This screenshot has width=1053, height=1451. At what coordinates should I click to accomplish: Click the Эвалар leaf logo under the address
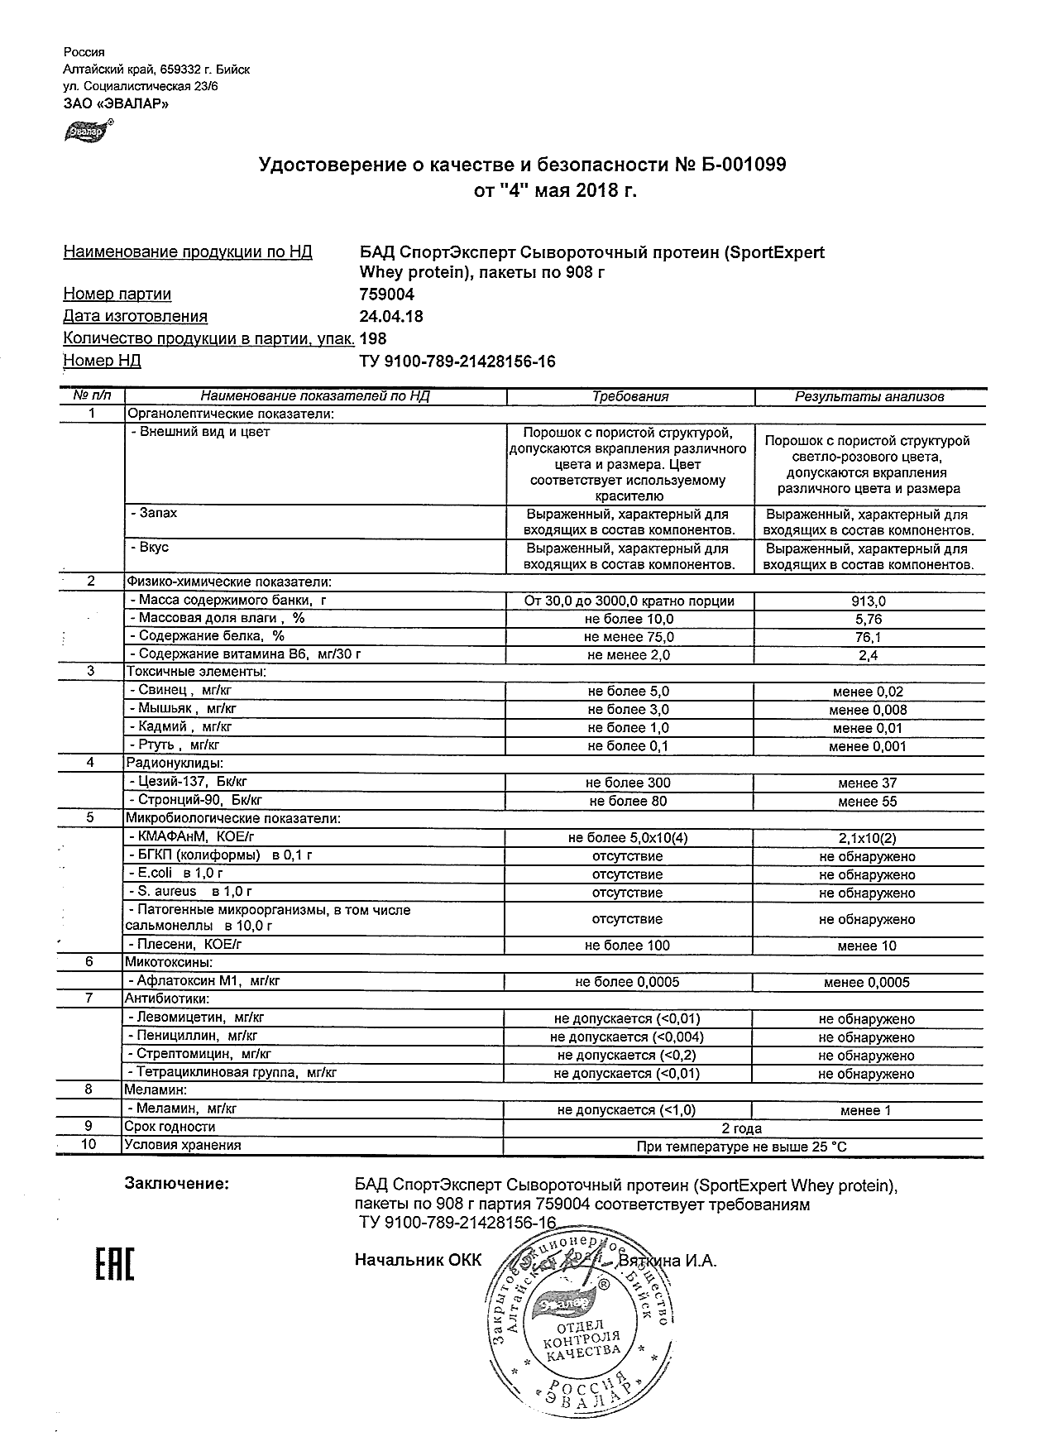(86, 131)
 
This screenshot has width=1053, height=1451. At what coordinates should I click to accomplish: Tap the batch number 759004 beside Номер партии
(387, 295)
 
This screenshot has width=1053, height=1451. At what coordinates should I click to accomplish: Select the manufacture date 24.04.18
(391, 317)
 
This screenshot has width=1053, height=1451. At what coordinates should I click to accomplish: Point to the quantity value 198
(373, 338)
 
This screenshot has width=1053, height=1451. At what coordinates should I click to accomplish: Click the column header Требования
(629, 396)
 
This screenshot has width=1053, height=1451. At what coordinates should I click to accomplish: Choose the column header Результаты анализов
(869, 396)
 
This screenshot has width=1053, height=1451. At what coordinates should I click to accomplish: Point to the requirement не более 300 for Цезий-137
(628, 783)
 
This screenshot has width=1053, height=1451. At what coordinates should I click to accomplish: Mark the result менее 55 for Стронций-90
(867, 801)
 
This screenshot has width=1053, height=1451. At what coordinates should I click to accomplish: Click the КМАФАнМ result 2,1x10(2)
(867, 839)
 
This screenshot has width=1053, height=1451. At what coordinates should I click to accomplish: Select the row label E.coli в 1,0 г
(176, 873)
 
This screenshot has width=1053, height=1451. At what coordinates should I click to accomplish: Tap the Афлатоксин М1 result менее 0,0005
(866, 982)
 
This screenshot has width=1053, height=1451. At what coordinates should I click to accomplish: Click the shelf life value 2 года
(742, 1128)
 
